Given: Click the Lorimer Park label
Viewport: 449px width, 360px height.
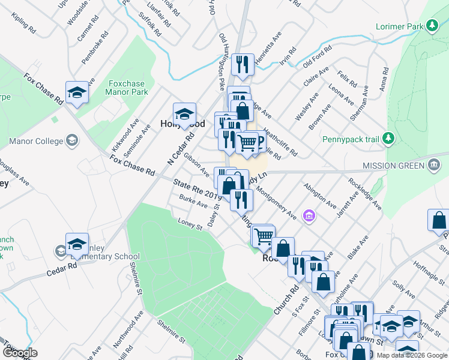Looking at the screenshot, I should tap(397, 27).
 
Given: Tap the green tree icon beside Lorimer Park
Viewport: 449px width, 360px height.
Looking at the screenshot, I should tap(431, 25).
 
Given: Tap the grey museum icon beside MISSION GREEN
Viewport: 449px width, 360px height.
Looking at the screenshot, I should tap(434, 166).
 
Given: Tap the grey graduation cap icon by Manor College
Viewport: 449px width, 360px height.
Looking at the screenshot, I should tap(71, 141).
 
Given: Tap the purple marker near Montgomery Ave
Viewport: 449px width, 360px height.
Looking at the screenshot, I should tap(310, 215).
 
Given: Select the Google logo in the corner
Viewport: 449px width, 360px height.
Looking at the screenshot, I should tap(20, 353).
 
